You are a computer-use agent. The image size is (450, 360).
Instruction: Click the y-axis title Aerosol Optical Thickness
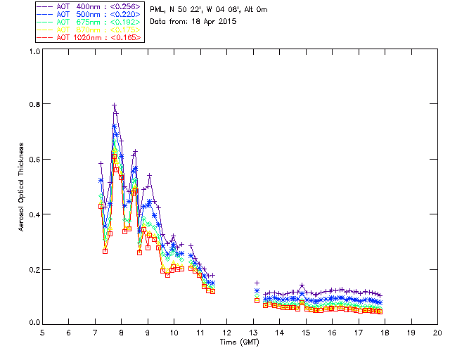(x=22, y=187)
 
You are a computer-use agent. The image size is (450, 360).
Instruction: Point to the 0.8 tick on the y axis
(x=33, y=104)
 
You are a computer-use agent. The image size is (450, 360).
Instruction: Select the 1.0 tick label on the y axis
(x=33, y=51)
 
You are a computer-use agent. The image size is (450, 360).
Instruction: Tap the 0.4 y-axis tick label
(x=33, y=214)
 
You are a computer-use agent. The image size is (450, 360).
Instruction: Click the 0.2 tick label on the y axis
(x=33, y=269)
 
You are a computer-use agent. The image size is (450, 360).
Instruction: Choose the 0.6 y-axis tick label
(x=33, y=160)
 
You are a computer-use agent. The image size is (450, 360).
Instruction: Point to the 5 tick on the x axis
(x=42, y=332)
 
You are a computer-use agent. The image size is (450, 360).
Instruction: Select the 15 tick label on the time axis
(x=306, y=332)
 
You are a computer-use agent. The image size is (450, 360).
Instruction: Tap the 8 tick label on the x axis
(x=121, y=332)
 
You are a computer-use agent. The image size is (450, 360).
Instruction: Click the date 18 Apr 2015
(x=212, y=22)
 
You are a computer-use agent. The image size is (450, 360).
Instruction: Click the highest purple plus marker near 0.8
(x=115, y=105)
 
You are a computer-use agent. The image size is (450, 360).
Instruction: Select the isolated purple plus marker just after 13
(x=257, y=283)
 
